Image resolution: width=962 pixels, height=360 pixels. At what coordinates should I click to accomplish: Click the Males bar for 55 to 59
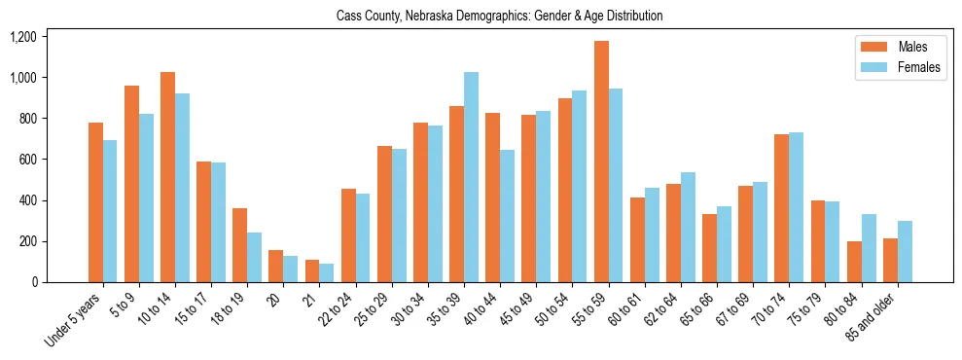coord(601,162)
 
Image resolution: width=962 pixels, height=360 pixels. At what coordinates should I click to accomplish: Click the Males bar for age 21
coord(312,271)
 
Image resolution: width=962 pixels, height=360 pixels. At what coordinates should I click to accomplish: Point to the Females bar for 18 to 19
coord(255,258)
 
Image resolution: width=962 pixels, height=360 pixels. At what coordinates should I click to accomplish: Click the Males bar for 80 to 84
coord(854,262)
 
